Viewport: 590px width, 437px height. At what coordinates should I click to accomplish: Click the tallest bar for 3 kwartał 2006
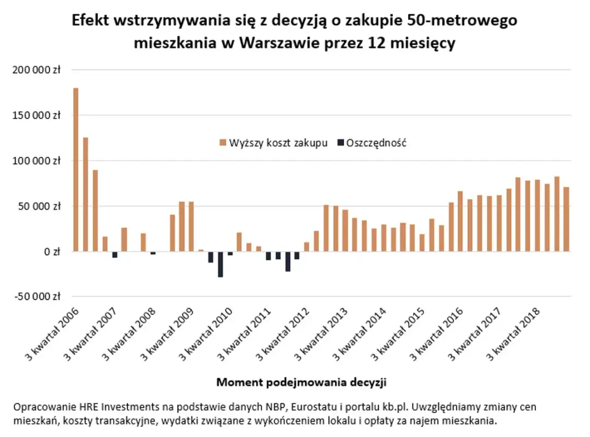click(76, 169)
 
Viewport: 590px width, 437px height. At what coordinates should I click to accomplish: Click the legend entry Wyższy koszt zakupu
click(274, 143)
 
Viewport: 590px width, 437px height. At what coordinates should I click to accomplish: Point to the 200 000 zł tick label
click(34, 70)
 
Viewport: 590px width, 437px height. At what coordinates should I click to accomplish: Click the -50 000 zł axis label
click(34, 297)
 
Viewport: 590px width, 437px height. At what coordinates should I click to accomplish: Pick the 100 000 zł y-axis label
click(34, 161)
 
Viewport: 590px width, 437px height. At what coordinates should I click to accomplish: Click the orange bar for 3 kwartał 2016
click(461, 221)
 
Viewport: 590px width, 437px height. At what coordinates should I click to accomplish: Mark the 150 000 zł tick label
click(34, 116)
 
